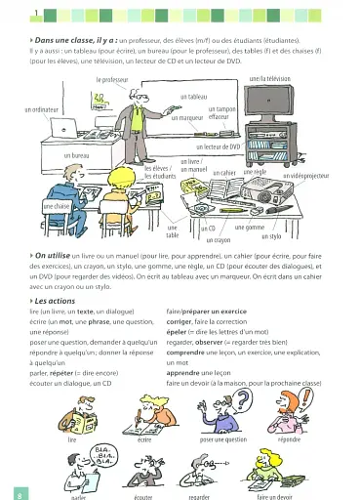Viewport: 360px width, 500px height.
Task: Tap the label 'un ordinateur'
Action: coord(43,109)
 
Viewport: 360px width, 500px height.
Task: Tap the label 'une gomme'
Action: coord(250,227)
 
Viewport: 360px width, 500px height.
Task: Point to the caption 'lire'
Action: coord(72,440)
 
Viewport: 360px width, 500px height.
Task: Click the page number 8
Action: coord(8,494)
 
